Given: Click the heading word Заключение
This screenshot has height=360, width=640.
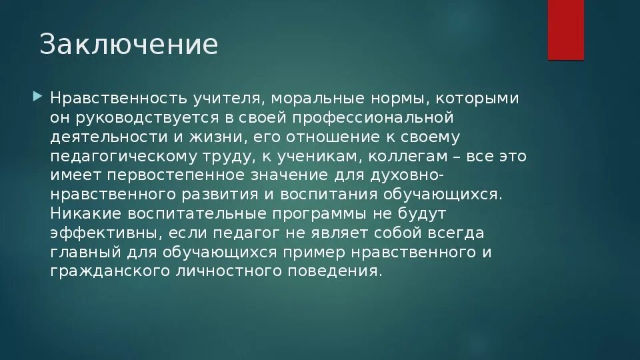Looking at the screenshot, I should point(129,45).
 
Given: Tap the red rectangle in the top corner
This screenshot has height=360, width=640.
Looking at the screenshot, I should point(565,29).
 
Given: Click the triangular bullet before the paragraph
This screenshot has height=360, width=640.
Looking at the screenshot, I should point(37,98).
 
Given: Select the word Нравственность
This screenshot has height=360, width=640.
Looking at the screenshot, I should point(110,99).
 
